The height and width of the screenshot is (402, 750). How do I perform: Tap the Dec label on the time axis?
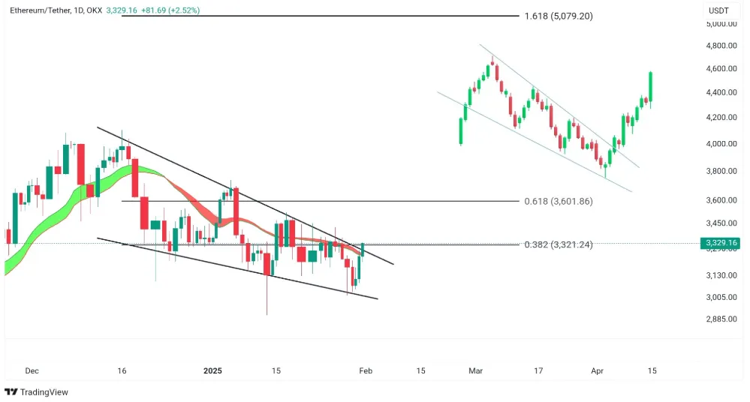coord(32,370)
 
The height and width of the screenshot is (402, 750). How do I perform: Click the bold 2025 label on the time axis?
coord(213,370)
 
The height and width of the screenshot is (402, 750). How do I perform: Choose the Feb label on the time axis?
coord(366,370)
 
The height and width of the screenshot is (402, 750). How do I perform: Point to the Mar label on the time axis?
coord(476,370)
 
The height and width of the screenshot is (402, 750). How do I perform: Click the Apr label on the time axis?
coord(598,370)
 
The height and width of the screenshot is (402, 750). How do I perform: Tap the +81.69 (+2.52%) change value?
coord(170,11)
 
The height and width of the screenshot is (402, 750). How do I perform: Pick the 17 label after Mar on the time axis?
coord(538,370)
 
